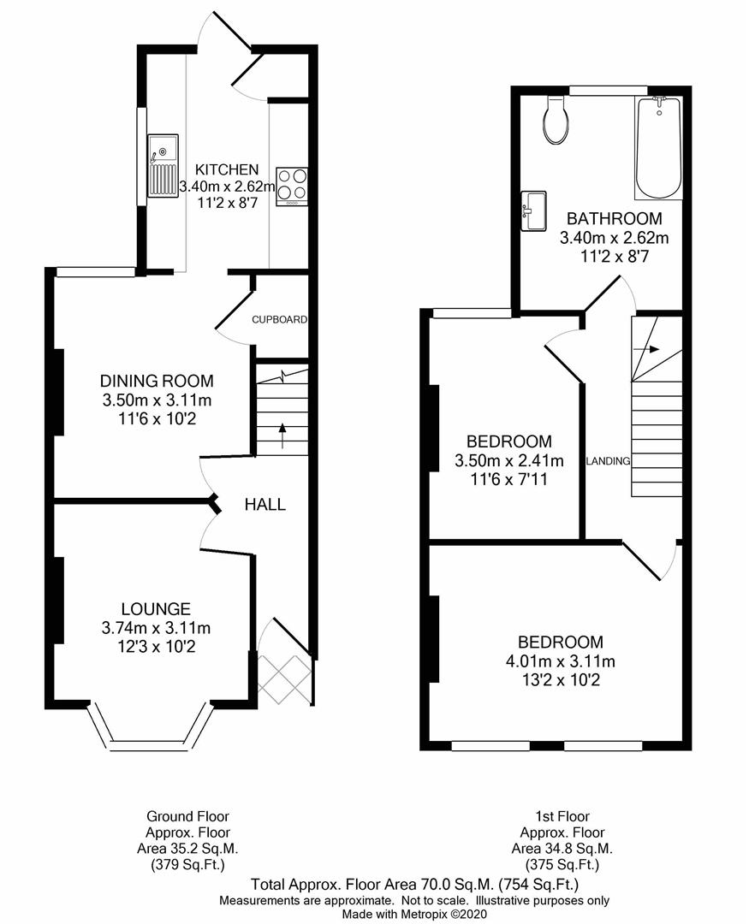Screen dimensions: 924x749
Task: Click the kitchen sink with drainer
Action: click(x=163, y=165)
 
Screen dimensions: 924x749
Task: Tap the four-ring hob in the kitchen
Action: click(x=292, y=187)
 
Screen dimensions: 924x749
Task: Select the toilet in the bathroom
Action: click(x=556, y=121)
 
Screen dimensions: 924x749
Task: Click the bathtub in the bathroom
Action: click(x=658, y=148)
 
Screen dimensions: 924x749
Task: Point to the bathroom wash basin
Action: click(x=533, y=210)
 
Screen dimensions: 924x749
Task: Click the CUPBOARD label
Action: click(x=279, y=320)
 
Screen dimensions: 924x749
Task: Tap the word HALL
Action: click(x=265, y=505)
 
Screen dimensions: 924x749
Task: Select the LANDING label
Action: click(x=608, y=461)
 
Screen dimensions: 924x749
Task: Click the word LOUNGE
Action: click(x=156, y=609)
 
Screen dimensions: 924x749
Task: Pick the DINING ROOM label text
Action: click(x=157, y=382)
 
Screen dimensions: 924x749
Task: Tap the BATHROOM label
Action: click(x=614, y=218)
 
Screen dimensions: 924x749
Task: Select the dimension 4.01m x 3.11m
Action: click(x=560, y=661)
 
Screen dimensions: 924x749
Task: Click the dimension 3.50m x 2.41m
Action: click(x=508, y=461)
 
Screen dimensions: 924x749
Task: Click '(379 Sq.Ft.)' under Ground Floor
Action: click(x=187, y=864)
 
